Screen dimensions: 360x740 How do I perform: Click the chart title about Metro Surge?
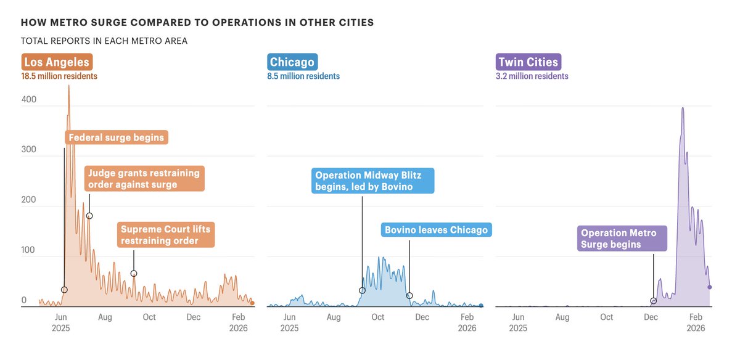point(197,23)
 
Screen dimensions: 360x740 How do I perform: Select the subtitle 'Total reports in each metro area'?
point(104,41)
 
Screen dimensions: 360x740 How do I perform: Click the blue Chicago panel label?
point(292,62)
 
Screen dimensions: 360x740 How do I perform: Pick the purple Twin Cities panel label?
point(528,62)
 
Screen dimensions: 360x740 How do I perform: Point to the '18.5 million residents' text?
point(59,76)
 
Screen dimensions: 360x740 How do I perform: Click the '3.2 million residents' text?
point(532,76)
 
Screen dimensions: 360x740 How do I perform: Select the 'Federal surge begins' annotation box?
point(117,137)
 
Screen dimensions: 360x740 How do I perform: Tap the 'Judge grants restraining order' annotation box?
point(144,179)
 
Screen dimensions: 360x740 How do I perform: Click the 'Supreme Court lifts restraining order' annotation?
point(165,235)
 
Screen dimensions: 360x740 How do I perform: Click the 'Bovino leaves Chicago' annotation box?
point(436,230)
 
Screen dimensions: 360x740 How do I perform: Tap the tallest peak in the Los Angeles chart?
point(68,86)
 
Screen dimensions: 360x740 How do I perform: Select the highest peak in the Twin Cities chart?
point(682,108)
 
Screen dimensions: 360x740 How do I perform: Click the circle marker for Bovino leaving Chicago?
point(409,296)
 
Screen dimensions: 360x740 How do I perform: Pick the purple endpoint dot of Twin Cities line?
point(710,287)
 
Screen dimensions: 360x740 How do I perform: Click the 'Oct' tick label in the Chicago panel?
point(377,317)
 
